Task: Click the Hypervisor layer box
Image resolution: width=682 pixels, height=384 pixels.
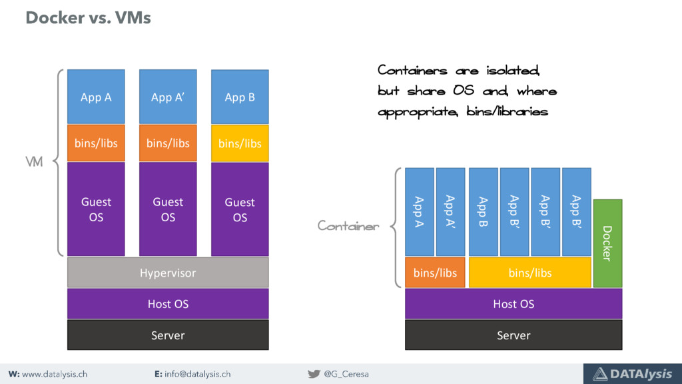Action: coord(168,273)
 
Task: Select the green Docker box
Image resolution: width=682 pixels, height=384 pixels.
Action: coord(607,243)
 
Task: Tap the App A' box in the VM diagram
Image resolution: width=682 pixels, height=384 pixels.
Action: coord(168,97)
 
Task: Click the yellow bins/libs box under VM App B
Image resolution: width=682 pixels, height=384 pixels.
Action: coord(240,143)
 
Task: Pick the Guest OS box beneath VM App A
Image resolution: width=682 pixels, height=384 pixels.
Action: coord(96,209)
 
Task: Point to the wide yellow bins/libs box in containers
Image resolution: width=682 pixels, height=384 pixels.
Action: coord(529,273)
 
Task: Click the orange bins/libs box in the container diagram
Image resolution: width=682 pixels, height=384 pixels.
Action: coord(435,273)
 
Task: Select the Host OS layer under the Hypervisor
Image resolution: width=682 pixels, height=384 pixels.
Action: coord(168,304)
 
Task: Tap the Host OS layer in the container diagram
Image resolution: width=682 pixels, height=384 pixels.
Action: coord(513,304)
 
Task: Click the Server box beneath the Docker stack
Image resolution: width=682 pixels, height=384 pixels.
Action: coord(513,335)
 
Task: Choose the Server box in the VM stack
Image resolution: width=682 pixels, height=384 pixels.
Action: coord(168,335)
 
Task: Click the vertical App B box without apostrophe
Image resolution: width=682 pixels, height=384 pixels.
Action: coord(483,211)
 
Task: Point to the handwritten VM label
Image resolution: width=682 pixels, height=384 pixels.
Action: coord(34,163)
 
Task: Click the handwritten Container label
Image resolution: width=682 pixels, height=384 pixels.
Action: coord(348,227)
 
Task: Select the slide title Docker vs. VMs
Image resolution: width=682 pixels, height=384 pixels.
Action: coord(88,18)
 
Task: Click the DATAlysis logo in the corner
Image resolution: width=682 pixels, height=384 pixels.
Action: coord(632,374)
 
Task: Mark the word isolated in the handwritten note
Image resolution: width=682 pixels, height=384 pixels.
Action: coord(517,71)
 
